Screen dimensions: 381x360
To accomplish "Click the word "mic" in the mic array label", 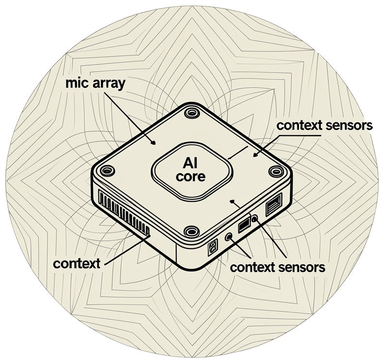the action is (78, 83).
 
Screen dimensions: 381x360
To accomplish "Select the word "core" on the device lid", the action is (191, 177).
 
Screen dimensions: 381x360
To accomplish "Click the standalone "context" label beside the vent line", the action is (77, 263).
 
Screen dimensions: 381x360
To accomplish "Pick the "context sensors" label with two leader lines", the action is (278, 267).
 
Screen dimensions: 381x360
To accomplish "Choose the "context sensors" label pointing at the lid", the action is (324, 126).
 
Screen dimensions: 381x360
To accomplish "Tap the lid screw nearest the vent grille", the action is (107, 171).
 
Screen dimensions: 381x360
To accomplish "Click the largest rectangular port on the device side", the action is (274, 204).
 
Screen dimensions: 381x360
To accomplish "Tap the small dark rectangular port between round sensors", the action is (244, 226).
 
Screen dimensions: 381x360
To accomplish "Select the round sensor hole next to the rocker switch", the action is (229, 236).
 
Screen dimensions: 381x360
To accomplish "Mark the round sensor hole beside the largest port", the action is (254, 219).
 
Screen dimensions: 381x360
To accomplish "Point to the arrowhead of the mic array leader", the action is (153, 143).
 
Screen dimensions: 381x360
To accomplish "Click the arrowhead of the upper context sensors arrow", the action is (255, 155).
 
